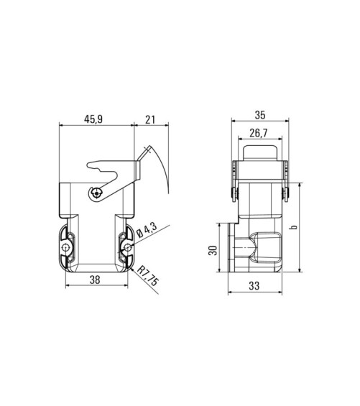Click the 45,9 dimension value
[x=93, y=119]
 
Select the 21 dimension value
[x=150, y=119]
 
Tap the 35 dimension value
[x=260, y=115]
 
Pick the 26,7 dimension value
[x=259, y=133]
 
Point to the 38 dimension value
[x=95, y=280]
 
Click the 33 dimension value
[x=254, y=286]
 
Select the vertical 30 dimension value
[x=213, y=250]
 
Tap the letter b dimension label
[x=294, y=227]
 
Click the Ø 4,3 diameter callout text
[x=147, y=230]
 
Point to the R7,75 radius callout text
[x=147, y=276]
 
